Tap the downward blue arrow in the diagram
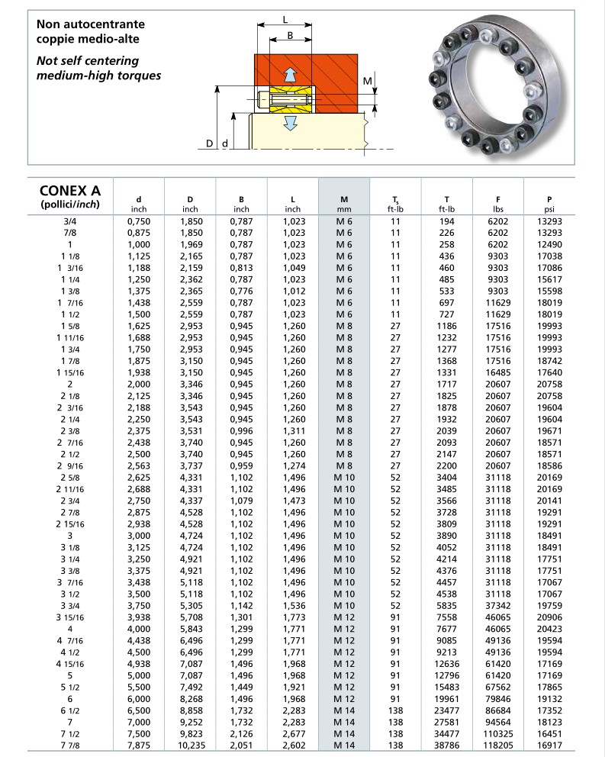(289, 122)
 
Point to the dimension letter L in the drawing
(285, 20)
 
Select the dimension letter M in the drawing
(367, 81)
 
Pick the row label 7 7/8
(69, 745)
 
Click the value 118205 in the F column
(498, 745)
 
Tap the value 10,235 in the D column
(191, 745)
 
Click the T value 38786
(447, 745)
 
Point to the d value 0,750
(139, 221)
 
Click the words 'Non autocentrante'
(90, 24)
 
